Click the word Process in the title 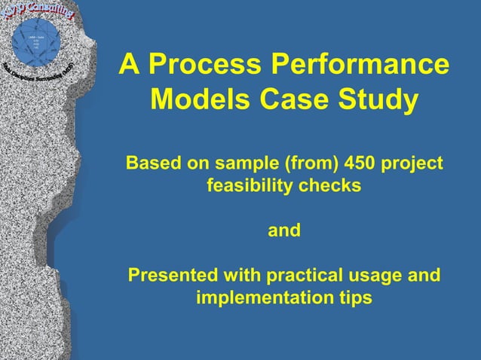[203, 65]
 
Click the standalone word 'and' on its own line [284, 230]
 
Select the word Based [150, 163]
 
